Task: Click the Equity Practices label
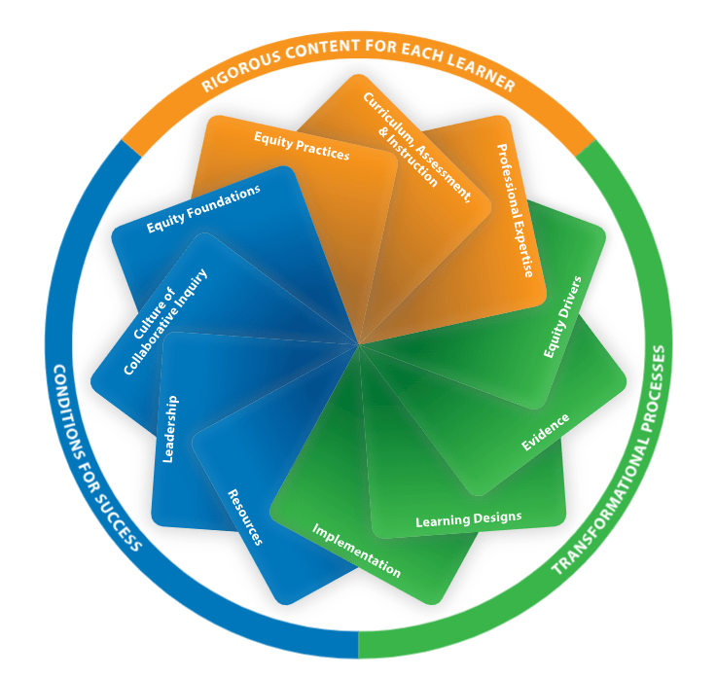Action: pos(302,146)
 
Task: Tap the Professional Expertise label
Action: pos(517,208)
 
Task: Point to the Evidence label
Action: pos(545,432)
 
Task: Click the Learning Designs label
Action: pos(468,519)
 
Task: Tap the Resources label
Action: pos(244,517)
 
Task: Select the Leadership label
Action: pos(170,428)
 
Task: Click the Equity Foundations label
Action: pos(203,209)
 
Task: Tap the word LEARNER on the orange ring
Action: pos(476,72)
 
